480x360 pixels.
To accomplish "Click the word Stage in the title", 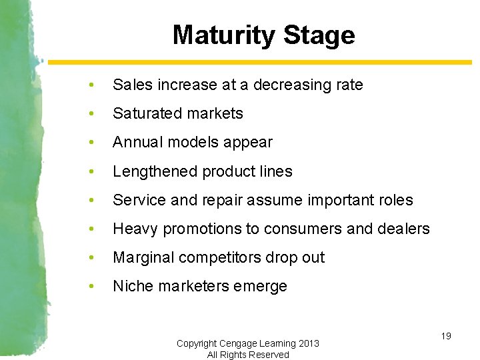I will [x=319, y=35].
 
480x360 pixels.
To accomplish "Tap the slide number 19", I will [x=446, y=336].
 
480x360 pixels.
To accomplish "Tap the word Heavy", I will [x=135, y=229].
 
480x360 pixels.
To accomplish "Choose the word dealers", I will [x=403, y=229].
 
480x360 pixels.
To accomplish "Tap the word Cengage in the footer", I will [x=239, y=343].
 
